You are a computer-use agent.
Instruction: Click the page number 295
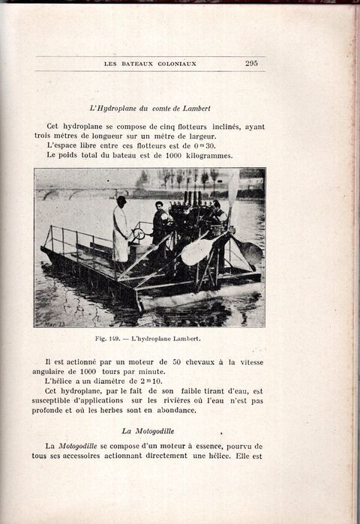tap(251, 64)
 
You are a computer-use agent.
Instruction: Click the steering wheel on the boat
tap(139, 233)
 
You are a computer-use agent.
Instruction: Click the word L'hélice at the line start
tap(61, 382)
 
